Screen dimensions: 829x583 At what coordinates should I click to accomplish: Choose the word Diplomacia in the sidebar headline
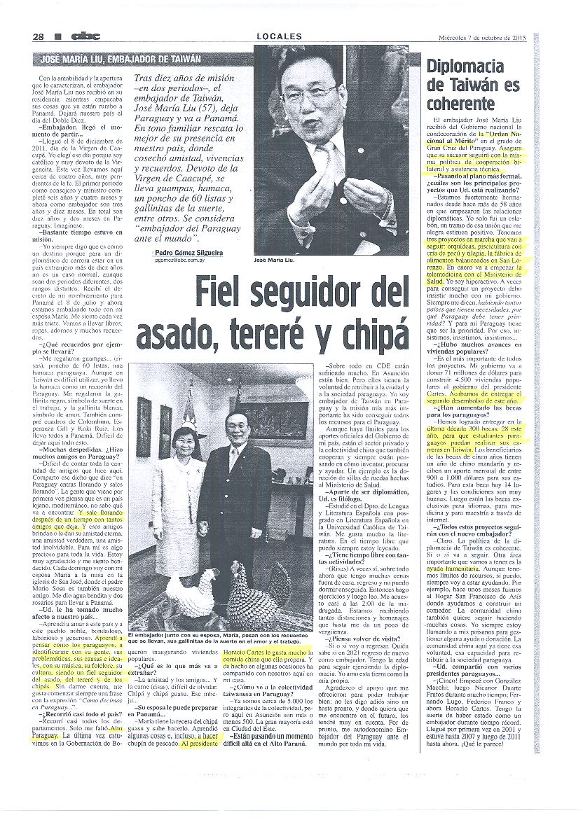point(465,67)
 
